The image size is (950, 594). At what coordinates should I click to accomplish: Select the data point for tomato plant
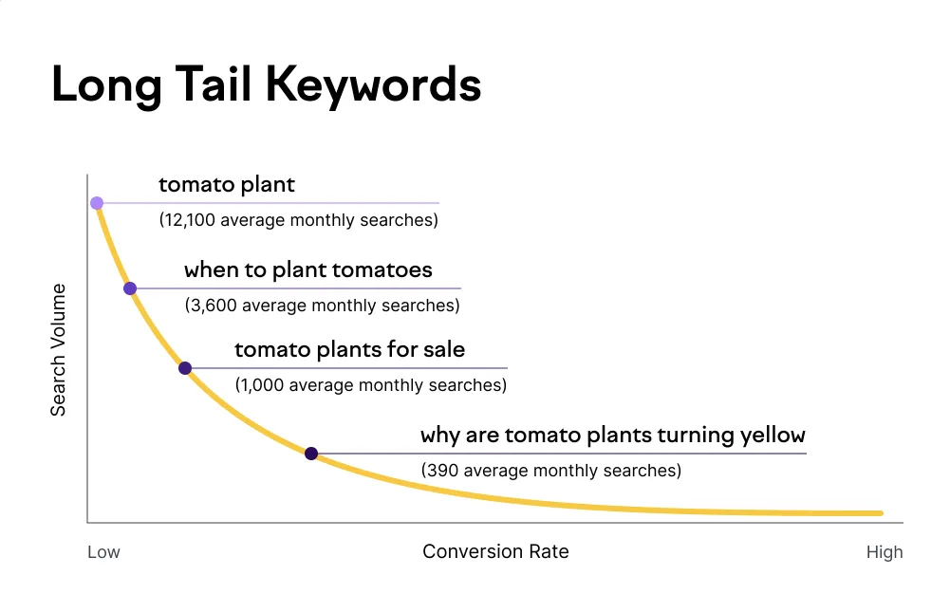97,203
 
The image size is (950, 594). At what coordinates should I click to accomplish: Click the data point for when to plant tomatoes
130,288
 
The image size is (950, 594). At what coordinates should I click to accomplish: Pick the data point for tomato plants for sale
185,368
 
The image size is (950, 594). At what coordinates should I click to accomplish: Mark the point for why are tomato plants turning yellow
311,454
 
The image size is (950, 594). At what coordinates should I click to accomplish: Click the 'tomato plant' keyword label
227,184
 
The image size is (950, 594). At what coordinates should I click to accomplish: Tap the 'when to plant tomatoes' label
307,269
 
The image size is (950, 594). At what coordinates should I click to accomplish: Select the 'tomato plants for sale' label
349,349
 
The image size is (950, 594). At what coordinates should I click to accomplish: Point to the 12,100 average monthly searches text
298,220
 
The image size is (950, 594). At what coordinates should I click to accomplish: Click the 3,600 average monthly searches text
322,306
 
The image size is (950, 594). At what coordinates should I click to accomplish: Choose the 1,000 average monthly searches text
370,385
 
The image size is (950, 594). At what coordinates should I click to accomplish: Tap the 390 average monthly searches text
550,470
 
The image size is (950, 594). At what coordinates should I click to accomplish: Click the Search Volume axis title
59,349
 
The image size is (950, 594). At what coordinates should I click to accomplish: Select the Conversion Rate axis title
495,551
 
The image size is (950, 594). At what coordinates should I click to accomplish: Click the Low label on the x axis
103,552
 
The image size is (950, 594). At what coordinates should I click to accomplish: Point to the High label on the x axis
884,552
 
